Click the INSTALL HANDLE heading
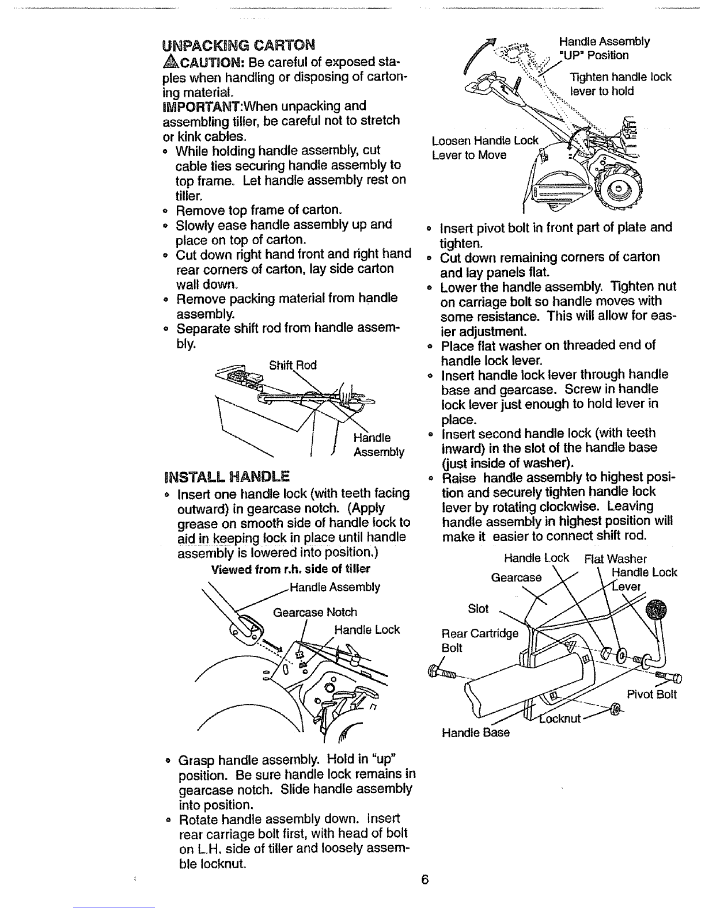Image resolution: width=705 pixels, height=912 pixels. [226, 477]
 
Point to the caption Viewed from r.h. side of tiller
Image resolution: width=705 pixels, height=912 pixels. [291, 569]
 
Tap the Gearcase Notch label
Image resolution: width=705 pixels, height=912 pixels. [314, 612]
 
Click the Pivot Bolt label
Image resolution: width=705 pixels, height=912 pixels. [651, 694]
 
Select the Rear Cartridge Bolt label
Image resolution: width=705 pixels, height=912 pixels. [479, 640]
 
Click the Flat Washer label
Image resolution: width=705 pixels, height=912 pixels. [615, 558]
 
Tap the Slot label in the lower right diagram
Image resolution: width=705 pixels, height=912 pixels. [477, 609]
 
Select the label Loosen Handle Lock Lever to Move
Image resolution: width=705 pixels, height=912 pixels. [484, 148]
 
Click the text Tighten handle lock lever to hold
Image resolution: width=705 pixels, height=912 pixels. [620, 84]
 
